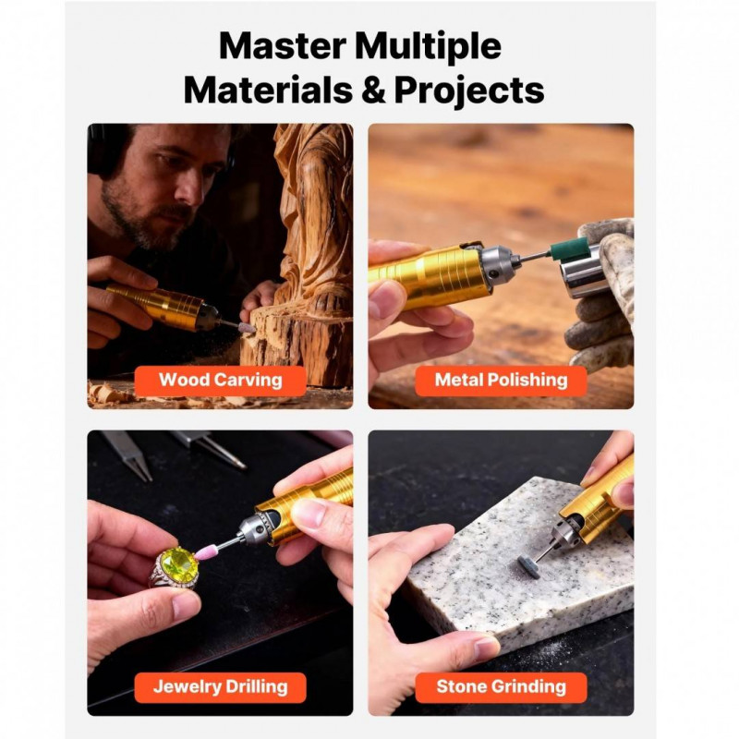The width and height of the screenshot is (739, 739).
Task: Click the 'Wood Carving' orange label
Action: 220,381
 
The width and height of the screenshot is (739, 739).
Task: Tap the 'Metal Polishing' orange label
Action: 501,381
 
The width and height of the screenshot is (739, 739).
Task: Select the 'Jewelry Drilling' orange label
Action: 220,687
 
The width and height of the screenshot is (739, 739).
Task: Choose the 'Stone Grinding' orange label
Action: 501,687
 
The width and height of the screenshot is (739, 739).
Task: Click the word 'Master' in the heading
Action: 283,46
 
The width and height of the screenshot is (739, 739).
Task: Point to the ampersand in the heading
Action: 373,90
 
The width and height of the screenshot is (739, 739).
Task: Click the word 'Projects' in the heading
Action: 469,91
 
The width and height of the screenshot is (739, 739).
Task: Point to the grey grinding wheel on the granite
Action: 527,563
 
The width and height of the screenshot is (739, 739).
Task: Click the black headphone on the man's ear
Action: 103,150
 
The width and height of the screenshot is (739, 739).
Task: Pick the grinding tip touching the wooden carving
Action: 247,328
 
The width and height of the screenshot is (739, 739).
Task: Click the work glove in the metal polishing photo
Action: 602,292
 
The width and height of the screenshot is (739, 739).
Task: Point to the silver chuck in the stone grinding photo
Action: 566,534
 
